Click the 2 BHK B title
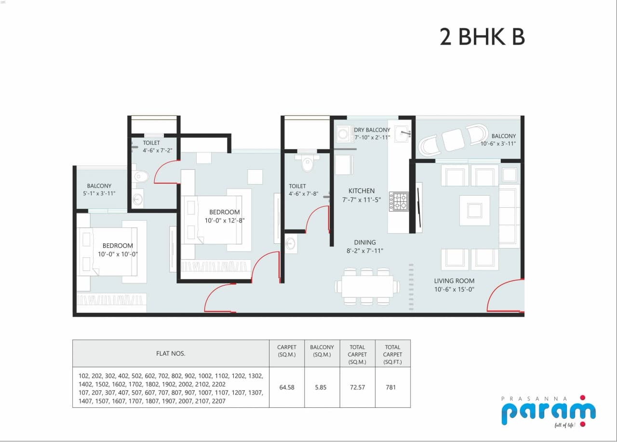(x=482, y=37)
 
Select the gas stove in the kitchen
(x=399, y=201)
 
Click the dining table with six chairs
(x=367, y=286)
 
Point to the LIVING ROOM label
(x=454, y=281)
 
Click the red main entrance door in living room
(x=504, y=296)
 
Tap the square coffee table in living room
(x=474, y=210)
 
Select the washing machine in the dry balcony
(x=344, y=134)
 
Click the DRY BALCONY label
(x=372, y=130)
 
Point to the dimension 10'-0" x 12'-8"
(x=224, y=221)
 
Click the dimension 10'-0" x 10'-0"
(x=118, y=254)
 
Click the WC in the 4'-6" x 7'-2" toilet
(x=140, y=176)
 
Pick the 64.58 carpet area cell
(x=287, y=387)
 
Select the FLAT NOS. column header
(x=171, y=353)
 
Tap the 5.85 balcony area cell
(x=322, y=387)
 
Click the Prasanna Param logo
(x=548, y=411)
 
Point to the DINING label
(x=364, y=242)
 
